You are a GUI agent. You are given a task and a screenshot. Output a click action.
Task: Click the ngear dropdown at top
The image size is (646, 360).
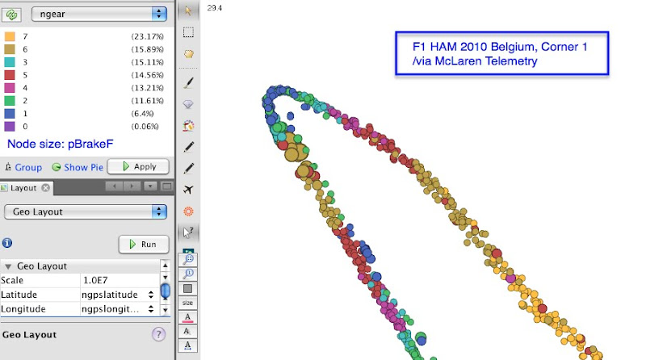pos(99,14)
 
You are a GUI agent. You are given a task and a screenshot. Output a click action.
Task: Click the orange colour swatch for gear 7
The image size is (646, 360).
pos(10,36)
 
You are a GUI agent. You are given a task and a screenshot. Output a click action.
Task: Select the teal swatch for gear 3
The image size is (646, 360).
pos(10,62)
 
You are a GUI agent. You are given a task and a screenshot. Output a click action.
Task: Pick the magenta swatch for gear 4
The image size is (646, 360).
pos(10,88)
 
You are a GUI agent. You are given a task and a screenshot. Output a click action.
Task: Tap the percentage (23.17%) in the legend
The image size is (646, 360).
pos(148,36)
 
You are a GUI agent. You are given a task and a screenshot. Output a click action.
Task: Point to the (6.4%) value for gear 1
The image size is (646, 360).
pos(143,114)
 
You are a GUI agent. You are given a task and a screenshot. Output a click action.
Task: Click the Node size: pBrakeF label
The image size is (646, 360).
pos(60,144)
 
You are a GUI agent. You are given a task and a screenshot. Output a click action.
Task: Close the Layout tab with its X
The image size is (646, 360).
pos(46,188)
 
